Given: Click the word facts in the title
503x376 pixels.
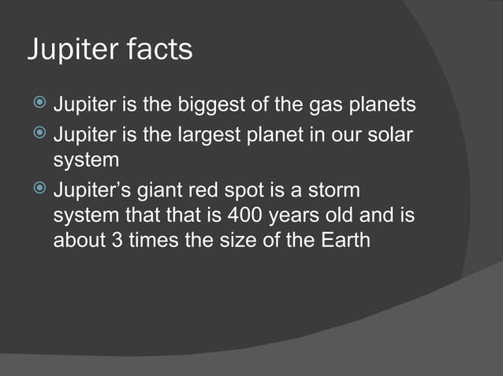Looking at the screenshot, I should pyautogui.click(x=158, y=50).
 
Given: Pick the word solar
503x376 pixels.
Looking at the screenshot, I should pyautogui.click(x=386, y=134).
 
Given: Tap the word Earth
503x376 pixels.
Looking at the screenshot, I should pyautogui.click(x=342, y=240).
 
